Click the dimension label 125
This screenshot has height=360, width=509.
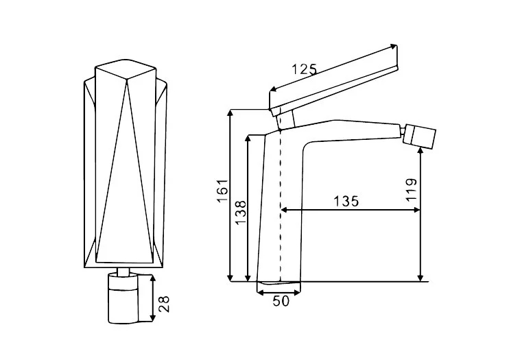pyautogui.click(x=304, y=69)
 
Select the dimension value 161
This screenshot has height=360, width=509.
pyautogui.click(x=223, y=191)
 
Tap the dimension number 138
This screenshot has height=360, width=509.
pyautogui.click(x=241, y=213)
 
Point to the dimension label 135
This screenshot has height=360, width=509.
pyautogui.click(x=346, y=202)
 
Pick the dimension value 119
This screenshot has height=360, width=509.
pyautogui.click(x=411, y=190)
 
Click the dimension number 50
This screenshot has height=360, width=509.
pyautogui.click(x=281, y=301)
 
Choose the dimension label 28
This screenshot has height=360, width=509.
pyautogui.click(x=164, y=304)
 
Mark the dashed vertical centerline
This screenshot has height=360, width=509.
pyautogui.click(x=280, y=204)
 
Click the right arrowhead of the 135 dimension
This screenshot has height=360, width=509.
pyautogui.click(x=417, y=210)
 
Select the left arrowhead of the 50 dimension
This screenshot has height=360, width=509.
pyautogui.click(x=260, y=293)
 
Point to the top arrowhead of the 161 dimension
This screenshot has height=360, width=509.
pyautogui.click(x=230, y=113)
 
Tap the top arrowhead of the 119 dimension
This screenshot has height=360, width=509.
pyautogui.click(x=421, y=151)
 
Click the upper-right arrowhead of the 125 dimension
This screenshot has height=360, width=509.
pyautogui.click(x=394, y=46)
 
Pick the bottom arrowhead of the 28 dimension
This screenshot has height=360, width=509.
pyautogui.click(x=152, y=317)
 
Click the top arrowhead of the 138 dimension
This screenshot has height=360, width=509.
pyautogui.click(x=248, y=139)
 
